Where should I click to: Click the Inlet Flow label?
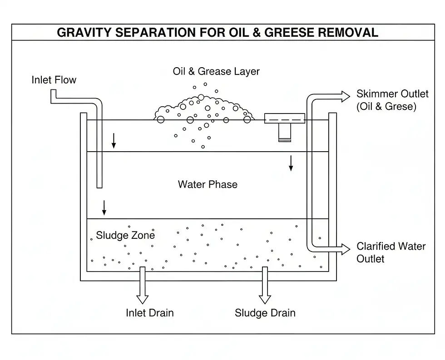coord(54,80)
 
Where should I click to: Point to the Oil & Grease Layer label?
coord(216,71)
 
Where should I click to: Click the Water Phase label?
coord(208,184)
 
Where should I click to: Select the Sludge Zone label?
coord(125,235)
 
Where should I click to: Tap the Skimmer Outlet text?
coord(392,94)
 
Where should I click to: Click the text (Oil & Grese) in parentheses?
coord(386,107)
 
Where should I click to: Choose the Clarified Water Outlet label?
coord(391,252)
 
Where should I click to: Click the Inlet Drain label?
coord(150,313)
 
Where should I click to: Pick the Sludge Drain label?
coord(265,313)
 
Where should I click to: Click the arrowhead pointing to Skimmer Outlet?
coord(345,96)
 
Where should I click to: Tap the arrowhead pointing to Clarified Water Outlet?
coord(345,249)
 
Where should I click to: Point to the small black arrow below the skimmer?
coord(291,163)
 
